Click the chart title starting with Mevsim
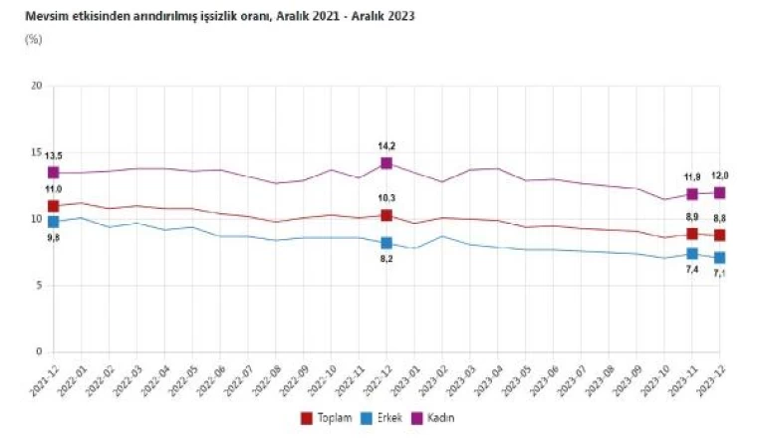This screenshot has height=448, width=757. tap(219, 17)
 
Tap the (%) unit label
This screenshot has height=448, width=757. tap(34, 40)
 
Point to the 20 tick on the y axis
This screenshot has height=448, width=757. tap(36, 86)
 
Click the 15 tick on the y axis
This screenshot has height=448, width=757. tap(36, 152)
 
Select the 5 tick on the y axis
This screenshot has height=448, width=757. tap(38, 286)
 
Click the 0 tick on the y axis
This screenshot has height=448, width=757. tap(38, 352)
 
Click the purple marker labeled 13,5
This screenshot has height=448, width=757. tap(53, 172)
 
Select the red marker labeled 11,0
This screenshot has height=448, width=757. tap(53, 206)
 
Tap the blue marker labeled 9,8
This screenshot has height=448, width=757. tap(53, 222)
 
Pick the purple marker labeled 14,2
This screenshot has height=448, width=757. tap(385, 163)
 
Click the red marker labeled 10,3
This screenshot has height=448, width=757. tap(385, 215)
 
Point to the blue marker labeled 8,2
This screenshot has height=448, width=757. tap(385, 243)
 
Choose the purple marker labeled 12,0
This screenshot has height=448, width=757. tap(719, 192)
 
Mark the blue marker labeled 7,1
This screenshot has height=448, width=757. tap(719, 258)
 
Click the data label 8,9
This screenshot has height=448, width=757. tap(690, 217)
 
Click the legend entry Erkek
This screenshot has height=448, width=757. tap(382, 418)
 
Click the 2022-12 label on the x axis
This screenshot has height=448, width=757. tap(375, 378)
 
